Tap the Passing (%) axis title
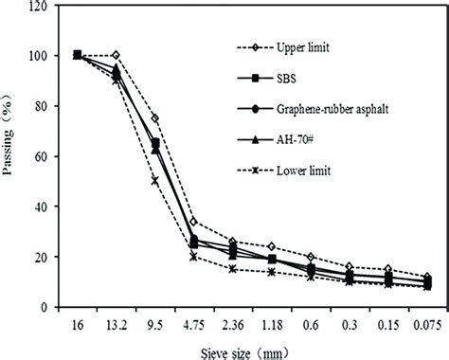(13, 155)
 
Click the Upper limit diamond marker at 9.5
(154, 118)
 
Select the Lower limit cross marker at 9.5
(154, 181)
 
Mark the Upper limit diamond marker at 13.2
(116, 55)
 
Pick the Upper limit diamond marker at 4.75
(193, 222)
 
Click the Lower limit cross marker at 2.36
(232, 269)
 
